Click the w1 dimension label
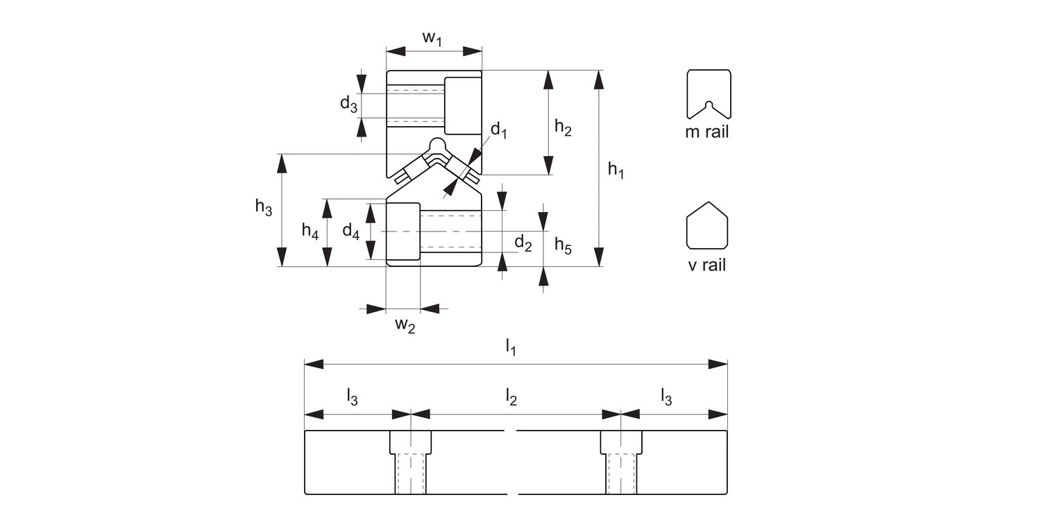click(432, 39)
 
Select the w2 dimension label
click(405, 325)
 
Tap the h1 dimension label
click(616, 169)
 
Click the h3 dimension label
click(264, 207)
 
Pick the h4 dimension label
click(310, 231)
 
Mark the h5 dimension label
click(563, 244)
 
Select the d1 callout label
click(499, 130)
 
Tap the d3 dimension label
click(349, 104)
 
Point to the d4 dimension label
click(351, 231)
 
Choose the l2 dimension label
click(511, 397)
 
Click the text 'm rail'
click(707, 132)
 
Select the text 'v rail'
click(707, 265)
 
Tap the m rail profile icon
click(708, 94)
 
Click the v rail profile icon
click(707, 225)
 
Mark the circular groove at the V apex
click(437, 146)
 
